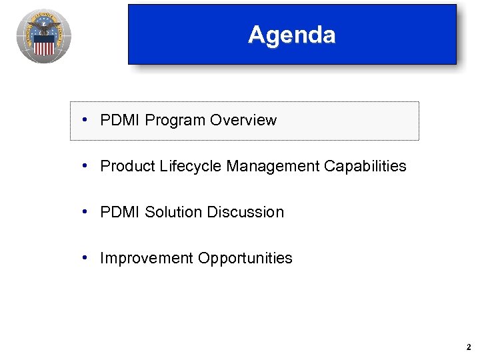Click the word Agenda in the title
pos(291,35)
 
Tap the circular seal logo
pos(44,36)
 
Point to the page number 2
pos(469,347)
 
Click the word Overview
pos(243,121)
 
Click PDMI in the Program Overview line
pos(120,121)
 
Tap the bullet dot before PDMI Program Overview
pos(87,120)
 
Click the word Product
pos(127,167)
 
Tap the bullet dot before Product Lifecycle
pos(87,166)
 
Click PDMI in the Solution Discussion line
pos(120,213)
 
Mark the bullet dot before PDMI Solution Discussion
pos(87,212)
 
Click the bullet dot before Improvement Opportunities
pos(87,258)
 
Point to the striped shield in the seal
pos(44,45)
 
